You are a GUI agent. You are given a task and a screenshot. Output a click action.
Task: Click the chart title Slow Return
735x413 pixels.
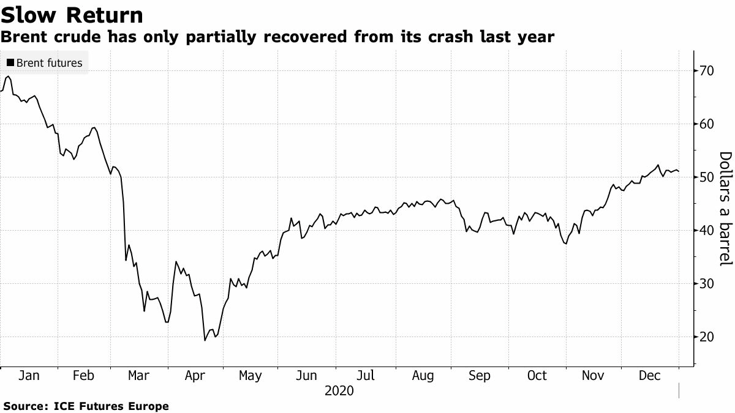coord(72,15)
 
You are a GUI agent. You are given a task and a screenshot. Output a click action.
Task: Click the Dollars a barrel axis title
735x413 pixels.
coord(725,208)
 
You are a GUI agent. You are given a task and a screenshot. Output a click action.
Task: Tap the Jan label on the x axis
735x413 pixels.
coord(29,376)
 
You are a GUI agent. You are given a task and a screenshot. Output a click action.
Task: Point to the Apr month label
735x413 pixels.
coord(194,376)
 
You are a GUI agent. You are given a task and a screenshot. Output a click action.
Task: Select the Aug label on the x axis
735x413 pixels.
coord(423,376)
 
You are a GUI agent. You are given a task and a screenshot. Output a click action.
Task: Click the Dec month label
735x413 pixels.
coord(649,376)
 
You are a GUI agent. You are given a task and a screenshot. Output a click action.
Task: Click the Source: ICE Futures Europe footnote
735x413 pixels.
coord(86,406)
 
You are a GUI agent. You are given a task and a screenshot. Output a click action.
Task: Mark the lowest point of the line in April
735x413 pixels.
coord(205,340)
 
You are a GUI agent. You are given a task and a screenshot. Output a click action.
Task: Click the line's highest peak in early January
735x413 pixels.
coord(7,76)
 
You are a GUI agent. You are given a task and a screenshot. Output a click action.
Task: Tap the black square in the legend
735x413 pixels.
coord(10,62)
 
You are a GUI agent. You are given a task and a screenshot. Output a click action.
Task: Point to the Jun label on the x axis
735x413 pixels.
coord(306,376)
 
